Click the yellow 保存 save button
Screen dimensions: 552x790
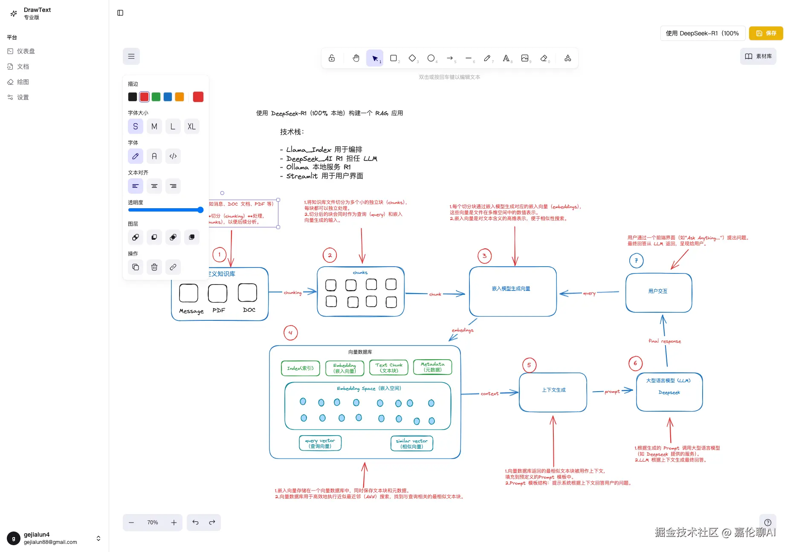pos(766,33)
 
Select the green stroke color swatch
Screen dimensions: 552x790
pos(156,97)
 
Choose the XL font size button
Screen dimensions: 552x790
pos(191,127)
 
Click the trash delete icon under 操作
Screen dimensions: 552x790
pos(154,267)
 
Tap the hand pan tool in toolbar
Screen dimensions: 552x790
pos(356,58)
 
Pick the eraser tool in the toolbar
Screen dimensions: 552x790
pos(544,58)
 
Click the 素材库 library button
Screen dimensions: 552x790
pos(758,56)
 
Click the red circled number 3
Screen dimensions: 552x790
pos(484,256)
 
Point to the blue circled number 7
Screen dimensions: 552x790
pos(636,261)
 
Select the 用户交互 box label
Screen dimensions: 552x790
pos(658,291)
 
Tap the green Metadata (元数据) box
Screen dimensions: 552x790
pos(432,367)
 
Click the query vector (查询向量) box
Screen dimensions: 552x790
pos(320,443)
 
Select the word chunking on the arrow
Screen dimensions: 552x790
pos(292,293)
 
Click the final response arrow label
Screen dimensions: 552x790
pos(665,341)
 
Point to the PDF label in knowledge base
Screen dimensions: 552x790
pos(219,311)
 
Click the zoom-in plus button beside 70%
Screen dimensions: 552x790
pos(174,523)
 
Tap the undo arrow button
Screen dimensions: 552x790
pos(195,523)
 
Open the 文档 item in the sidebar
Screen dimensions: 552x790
pos(23,67)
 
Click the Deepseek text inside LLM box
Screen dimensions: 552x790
pos(669,392)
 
